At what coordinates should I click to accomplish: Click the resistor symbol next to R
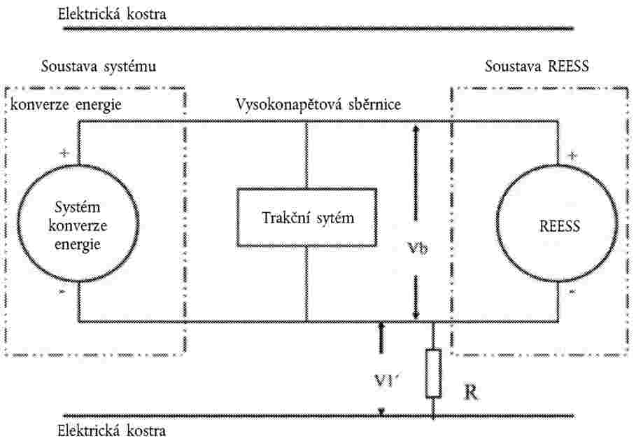(x=433, y=373)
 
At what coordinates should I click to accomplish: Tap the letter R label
(x=470, y=393)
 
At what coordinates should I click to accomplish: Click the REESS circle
(x=497, y=225)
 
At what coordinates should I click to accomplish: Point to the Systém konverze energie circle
(x=17, y=223)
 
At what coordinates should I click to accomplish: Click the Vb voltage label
(x=418, y=248)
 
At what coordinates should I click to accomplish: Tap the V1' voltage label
(x=386, y=381)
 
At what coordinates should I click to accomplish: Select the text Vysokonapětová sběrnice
(x=318, y=104)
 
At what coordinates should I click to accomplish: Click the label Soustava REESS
(x=537, y=66)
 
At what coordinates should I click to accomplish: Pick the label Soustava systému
(x=99, y=66)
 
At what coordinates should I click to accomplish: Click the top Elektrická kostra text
(x=112, y=14)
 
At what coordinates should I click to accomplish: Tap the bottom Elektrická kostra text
(x=112, y=430)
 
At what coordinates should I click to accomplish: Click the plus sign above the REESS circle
(x=572, y=156)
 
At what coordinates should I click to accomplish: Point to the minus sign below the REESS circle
(x=572, y=292)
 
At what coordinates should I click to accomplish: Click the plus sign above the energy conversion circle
(x=64, y=153)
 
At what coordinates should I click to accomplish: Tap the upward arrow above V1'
(x=381, y=337)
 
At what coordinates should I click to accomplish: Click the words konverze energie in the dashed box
(x=66, y=105)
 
